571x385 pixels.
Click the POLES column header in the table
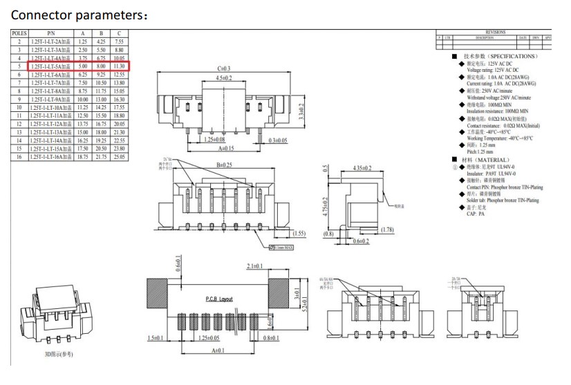click(19, 33)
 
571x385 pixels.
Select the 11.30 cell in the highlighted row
click(119, 66)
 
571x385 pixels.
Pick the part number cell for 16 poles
click(51, 157)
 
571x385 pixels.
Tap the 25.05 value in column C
click(119, 157)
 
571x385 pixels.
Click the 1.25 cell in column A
click(83, 41)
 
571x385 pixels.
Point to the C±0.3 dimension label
click(223, 68)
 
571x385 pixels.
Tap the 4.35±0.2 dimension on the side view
click(362, 168)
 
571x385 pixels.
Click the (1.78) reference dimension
click(387, 229)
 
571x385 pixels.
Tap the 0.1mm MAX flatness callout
click(281, 247)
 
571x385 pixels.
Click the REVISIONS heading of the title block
click(496, 32)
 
